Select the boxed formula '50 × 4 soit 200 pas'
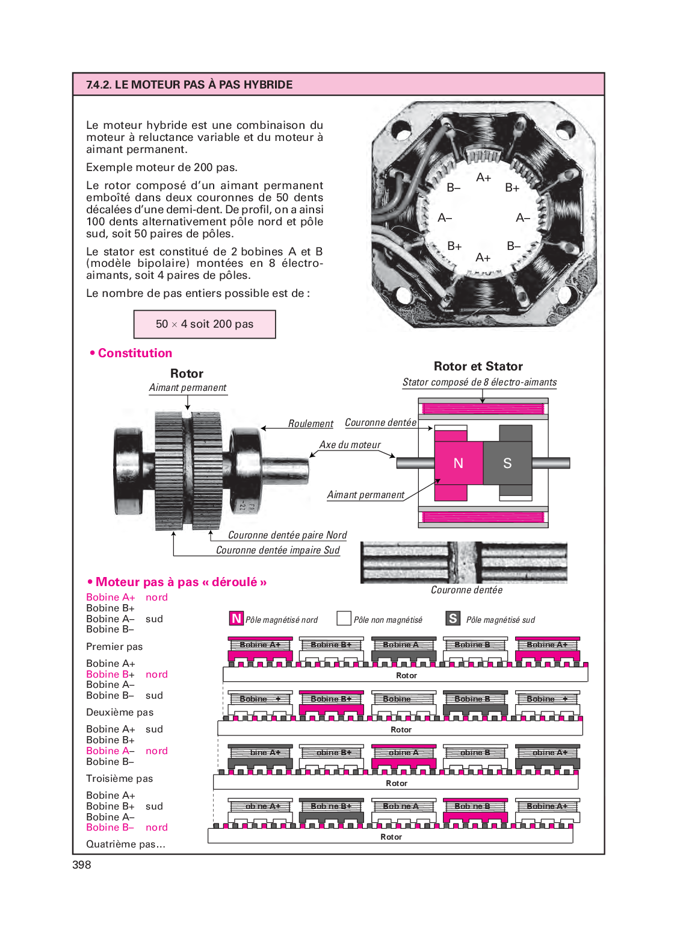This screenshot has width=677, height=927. (x=205, y=324)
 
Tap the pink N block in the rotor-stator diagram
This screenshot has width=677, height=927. (x=459, y=463)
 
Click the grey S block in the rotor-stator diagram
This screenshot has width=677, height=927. (x=507, y=463)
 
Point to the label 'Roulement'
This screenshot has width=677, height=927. (x=311, y=424)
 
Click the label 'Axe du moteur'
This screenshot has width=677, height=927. (x=350, y=445)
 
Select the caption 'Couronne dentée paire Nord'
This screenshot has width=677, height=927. (x=287, y=535)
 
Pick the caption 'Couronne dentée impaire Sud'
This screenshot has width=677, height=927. (x=277, y=551)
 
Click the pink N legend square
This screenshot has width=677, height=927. (x=236, y=619)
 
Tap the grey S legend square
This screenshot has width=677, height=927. (x=453, y=619)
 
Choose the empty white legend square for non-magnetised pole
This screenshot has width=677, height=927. (x=344, y=619)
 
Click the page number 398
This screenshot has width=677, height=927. (x=82, y=865)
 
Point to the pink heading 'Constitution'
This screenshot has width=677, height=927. (x=135, y=354)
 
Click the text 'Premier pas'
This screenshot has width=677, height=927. (x=114, y=647)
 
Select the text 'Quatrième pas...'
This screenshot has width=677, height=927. (x=125, y=844)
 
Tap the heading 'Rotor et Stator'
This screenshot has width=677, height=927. (x=478, y=366)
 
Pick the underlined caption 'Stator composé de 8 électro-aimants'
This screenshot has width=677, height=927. (x=480, y=382)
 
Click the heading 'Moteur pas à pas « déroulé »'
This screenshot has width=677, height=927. (x=181, y=582)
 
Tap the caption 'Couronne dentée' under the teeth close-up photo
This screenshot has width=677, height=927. (x=466, y=590)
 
